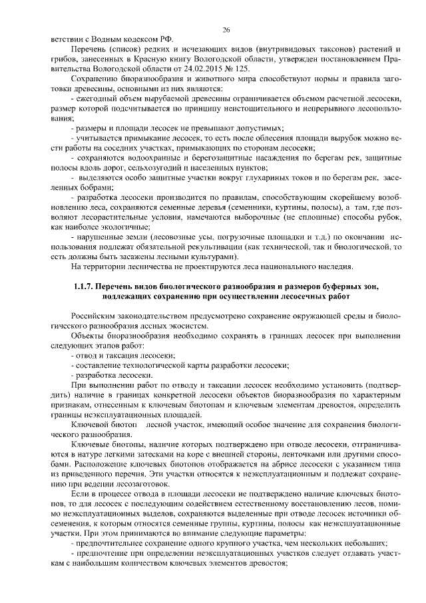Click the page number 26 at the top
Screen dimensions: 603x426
[x=226, y=29]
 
